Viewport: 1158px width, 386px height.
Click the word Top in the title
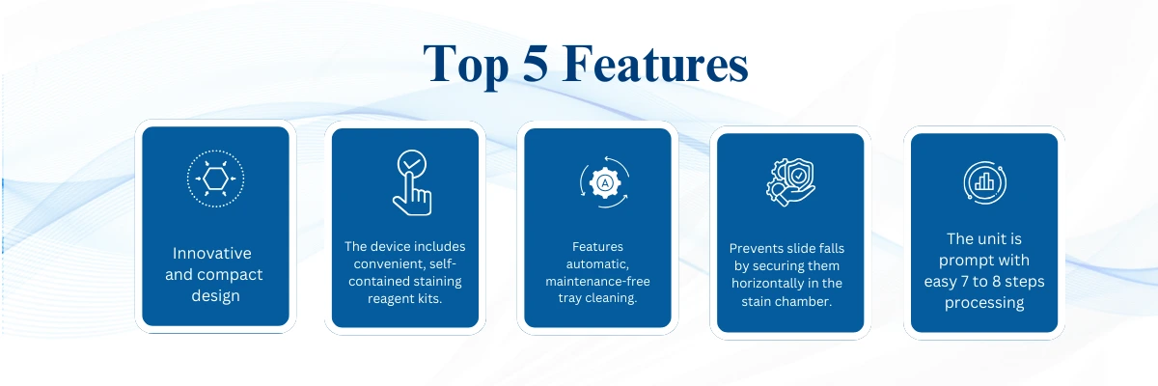465,65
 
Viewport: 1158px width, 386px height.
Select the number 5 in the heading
535,63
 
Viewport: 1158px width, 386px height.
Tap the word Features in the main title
655,64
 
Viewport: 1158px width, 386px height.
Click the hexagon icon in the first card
215,179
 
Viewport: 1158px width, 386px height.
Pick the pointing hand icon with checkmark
412,182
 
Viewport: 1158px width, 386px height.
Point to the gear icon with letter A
604,182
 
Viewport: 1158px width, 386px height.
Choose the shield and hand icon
790,182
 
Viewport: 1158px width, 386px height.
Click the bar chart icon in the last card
985,182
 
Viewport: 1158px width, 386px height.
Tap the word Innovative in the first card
212,253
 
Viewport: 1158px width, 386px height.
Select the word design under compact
215,296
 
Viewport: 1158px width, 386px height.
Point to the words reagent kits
404,299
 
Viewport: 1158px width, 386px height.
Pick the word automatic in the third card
597,264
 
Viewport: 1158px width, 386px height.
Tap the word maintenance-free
597,282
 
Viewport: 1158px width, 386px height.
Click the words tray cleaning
597,298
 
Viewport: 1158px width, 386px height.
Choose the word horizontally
769,284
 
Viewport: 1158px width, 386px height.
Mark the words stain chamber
786,301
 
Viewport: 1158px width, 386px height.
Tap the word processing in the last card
984,303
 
